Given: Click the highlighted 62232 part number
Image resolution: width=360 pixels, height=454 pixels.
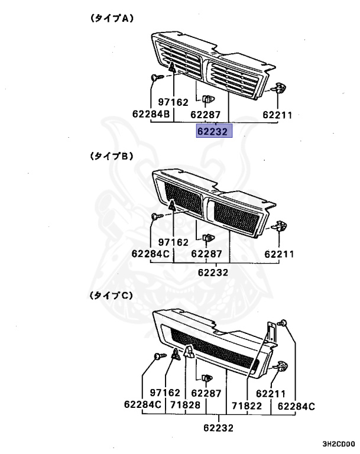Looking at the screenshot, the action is [x=215, y=131].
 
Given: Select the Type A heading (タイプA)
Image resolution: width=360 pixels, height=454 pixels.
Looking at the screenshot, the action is [x=112, y=18].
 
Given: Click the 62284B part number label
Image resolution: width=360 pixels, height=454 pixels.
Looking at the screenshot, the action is [x=151, y=114].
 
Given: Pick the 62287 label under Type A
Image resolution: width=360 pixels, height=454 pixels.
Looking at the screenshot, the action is [x=206, y=114].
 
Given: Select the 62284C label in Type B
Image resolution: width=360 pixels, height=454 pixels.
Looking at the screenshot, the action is [x=151, y=254].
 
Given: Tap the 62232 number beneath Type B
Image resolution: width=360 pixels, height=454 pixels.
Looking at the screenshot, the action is [x=213, y=273].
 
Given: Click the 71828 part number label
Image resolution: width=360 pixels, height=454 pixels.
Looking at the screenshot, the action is [x=187, y=405].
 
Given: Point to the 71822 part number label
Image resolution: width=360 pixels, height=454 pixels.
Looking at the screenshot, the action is [x=246, y=405].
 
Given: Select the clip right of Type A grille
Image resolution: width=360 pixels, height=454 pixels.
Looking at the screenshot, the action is [x=277, y=88].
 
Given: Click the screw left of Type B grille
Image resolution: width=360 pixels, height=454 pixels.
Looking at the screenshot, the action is [x=156, y=217].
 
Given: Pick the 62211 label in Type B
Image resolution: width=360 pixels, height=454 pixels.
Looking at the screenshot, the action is [x=279, y=254].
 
